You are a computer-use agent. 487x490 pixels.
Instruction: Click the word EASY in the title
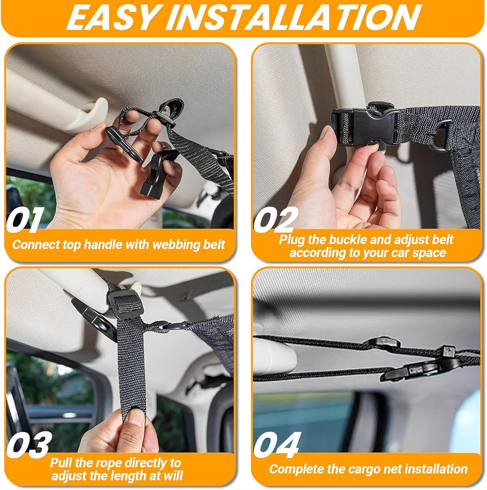coord(113,18)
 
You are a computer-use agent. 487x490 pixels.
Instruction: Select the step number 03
coord(29,444)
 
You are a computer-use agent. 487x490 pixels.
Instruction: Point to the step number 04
coord(277,444)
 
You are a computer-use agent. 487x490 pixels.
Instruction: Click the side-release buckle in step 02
coord(365,126)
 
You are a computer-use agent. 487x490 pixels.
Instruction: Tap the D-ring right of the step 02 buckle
coord(442,135)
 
